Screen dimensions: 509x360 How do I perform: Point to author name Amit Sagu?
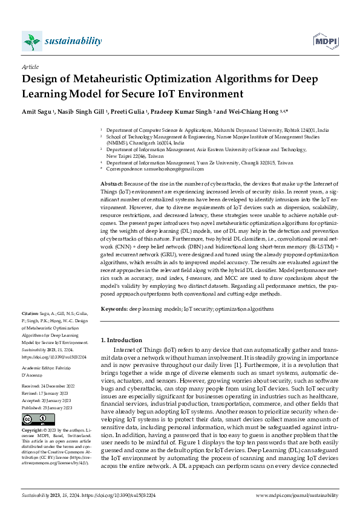pyautogui.click(x=35, y=112)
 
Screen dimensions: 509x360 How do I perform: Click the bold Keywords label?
pyautogui.click(x=114, y=308)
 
